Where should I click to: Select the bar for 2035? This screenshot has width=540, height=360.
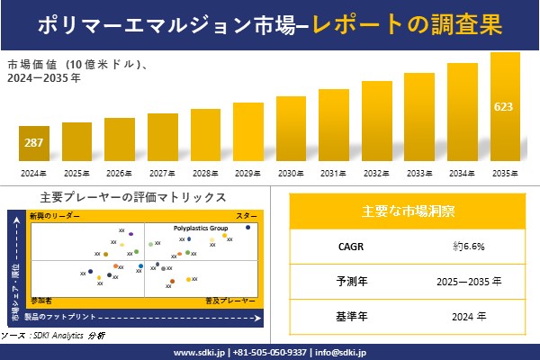coord(505,107)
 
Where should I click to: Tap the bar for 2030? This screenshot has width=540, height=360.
coord(291,129)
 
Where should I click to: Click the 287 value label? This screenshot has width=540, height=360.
coord(33,143)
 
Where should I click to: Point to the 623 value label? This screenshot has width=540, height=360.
coord(505,107)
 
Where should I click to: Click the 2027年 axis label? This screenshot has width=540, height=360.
coord(162,173)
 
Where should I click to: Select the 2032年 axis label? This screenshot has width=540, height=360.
coord(376,173)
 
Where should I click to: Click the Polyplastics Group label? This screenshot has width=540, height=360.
coord(200,229)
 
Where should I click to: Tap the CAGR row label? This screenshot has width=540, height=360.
coord(346,245)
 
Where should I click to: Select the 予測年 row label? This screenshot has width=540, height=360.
coord(346,281)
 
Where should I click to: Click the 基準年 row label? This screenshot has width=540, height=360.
coord(346,316)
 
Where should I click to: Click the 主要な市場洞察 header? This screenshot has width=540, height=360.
coord(408,211)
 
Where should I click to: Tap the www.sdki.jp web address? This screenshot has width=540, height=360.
coord(199,352)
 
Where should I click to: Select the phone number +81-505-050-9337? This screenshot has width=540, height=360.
coord(269,352)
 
